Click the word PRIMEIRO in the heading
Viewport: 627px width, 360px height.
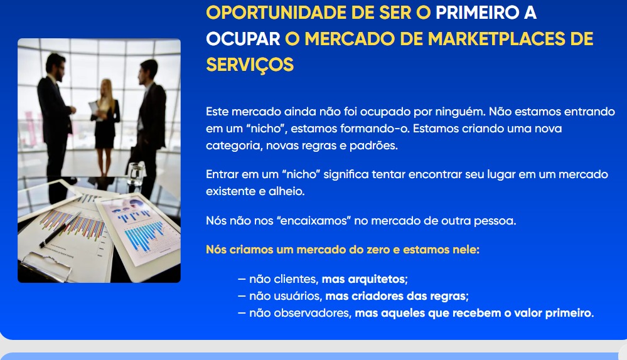pyautogui.click(x=476, y=13)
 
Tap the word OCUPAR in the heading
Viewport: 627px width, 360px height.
pyautogui.click(x=243, y=39)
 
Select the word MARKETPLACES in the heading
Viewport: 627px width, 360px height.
pyautogui.click(x=494, y=39)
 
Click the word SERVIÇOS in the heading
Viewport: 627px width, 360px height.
pyautogui.click(x=250, y=65)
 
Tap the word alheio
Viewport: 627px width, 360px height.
pyautogui.click(x=286, y=191)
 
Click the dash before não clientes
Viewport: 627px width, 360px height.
pyautogui.click(x=242, y=279)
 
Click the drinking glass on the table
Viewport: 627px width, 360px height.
pyautogui.click(x=136, y=174)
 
